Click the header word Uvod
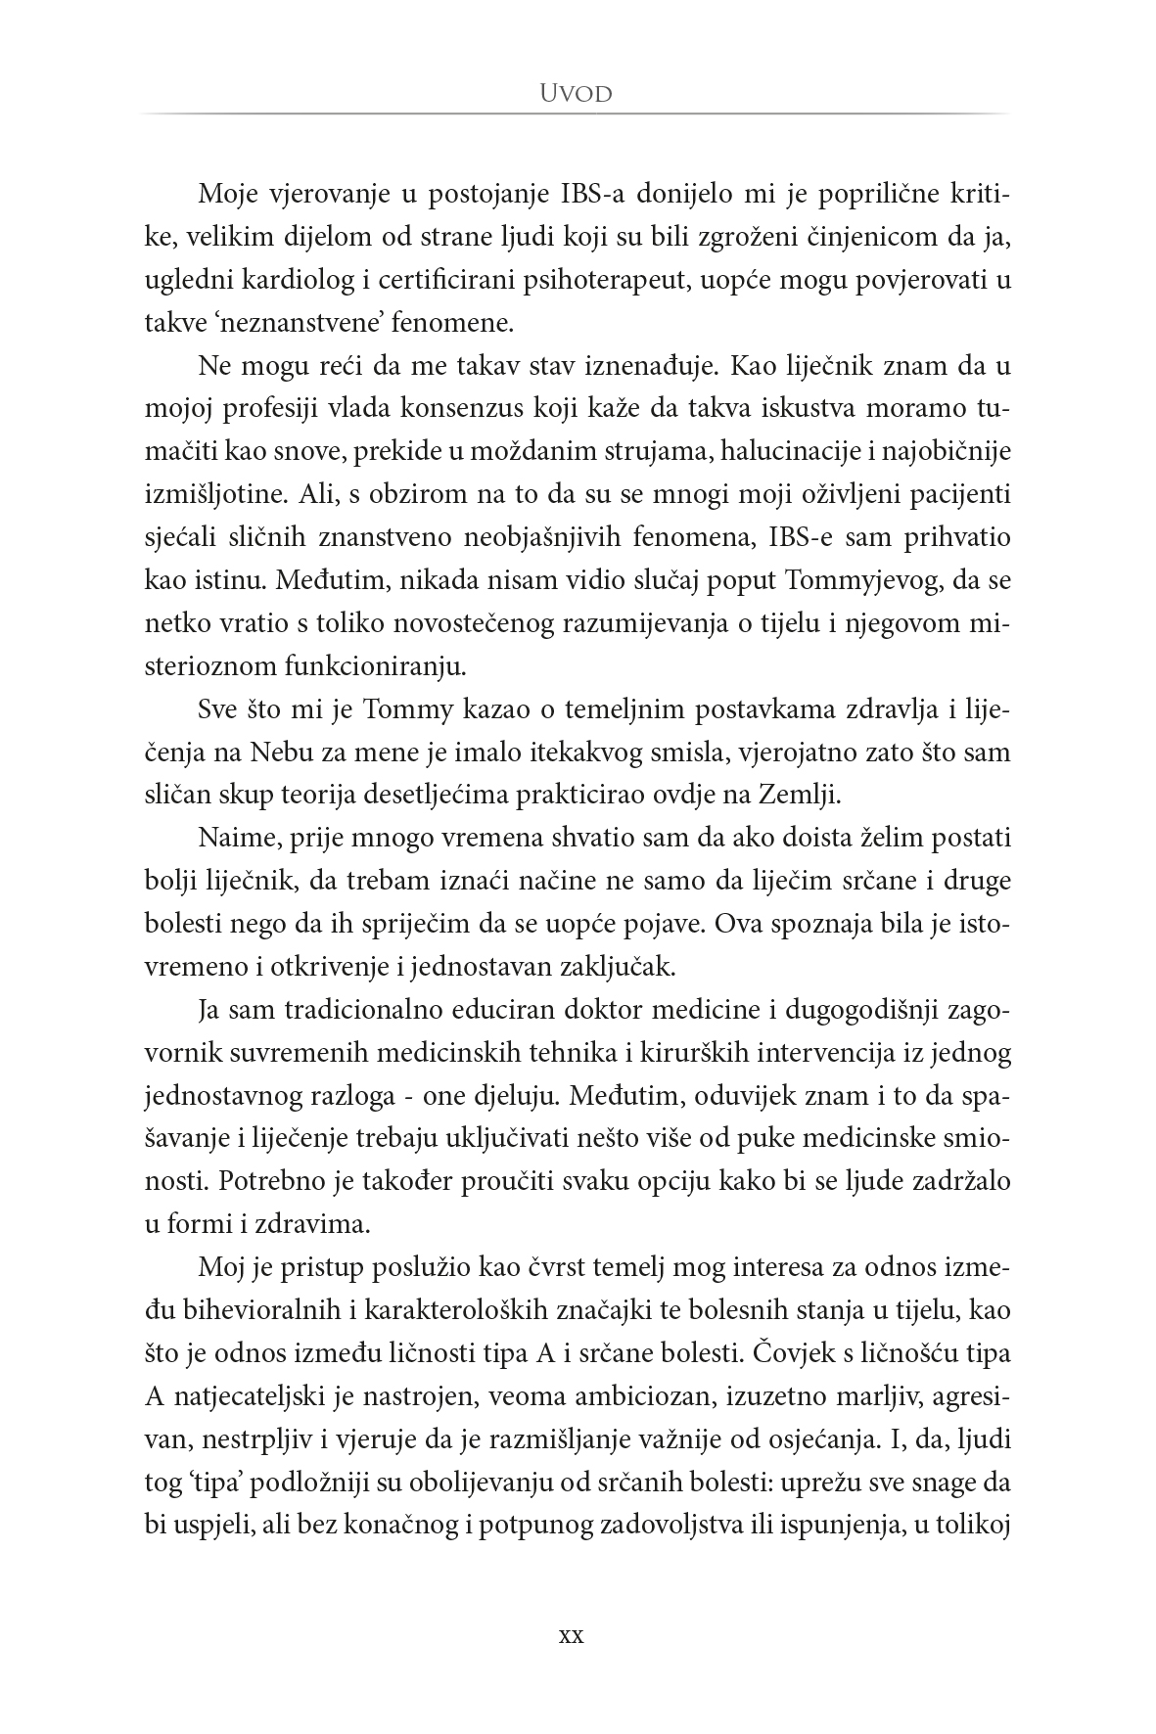(577, 94)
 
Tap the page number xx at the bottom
(570, 1635)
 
